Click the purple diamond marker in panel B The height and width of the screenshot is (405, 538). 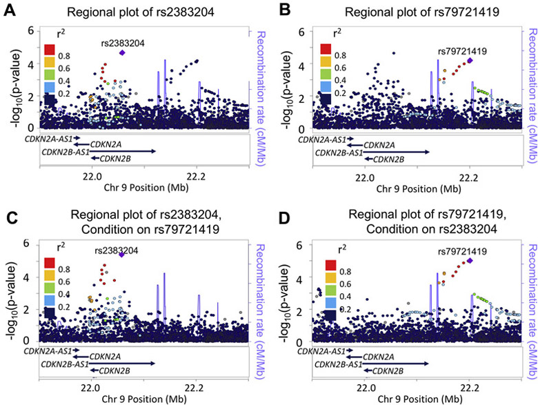[x=470, y=61]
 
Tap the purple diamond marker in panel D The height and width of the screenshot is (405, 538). [x=470, y=261]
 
